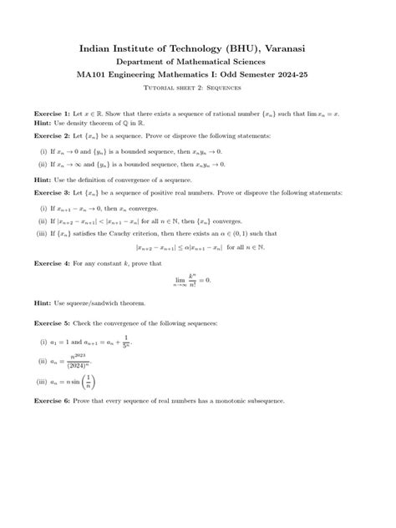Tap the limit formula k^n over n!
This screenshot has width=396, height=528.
198,282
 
